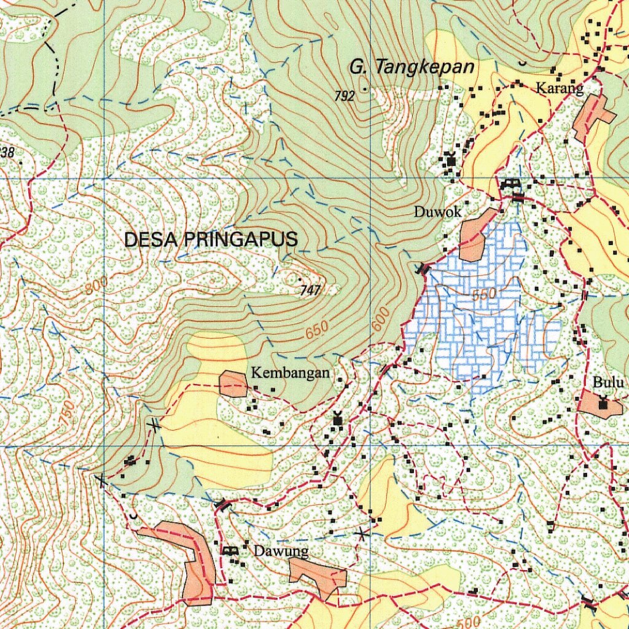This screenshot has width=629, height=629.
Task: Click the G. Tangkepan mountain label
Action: [x=412, y=66]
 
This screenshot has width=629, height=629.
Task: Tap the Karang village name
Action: [x=559, y=88]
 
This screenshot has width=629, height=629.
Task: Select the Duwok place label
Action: [x=437, y=213]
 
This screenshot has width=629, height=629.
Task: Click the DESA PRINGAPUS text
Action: [x=211, y=240]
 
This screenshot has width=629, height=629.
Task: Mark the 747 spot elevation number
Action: [x=311, y=291]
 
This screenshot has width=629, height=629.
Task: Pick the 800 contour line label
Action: [x=96, y=284]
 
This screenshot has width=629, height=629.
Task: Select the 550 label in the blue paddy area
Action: [x=483, y=295]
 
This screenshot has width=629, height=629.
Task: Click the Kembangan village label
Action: [x=290, y=373]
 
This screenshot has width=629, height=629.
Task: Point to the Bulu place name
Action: [x=608, y=383]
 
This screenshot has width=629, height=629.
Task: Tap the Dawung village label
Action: [x=281, y=551]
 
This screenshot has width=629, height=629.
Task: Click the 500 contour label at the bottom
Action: [x=469, y=620]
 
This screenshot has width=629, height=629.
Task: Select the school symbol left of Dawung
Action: [x=230, y=550]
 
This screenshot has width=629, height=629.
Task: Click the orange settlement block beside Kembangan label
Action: [x=233, y=384]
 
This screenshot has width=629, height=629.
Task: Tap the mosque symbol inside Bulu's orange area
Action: [x=603, y=404]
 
